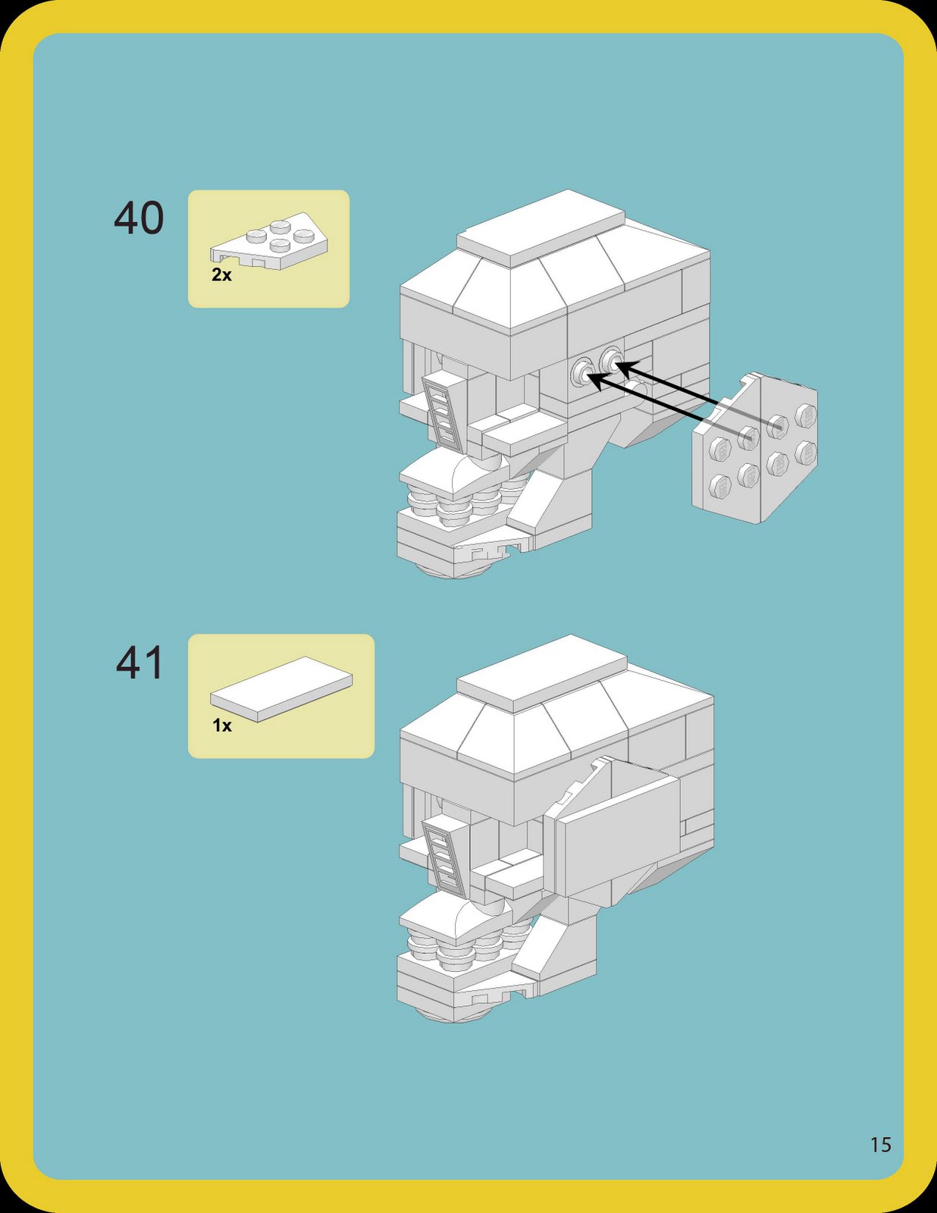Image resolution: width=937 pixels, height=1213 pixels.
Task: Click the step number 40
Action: tap(139, 218)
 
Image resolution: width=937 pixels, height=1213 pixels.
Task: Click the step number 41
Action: tap(139, 663)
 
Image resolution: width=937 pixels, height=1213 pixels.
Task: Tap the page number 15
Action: tap(880, 1144)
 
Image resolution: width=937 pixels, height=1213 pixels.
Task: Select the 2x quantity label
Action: tap(221, 275)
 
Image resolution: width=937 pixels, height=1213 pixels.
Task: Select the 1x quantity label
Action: tap(221, 726)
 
